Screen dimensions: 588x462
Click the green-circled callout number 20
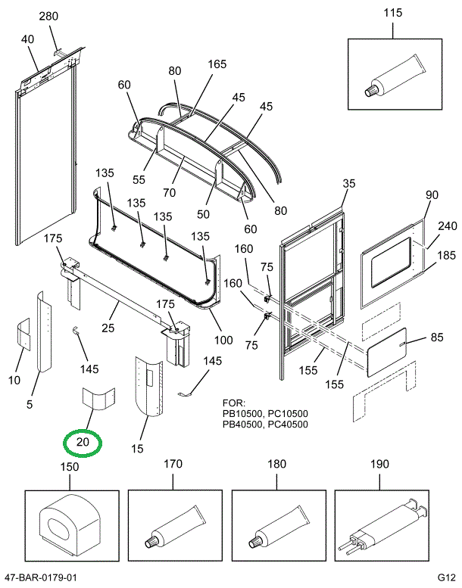[x=83, y=443]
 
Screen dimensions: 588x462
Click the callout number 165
[x=217, y=64]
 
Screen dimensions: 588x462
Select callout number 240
[x=448, y=226]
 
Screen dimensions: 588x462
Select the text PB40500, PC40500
[x=265, y=424]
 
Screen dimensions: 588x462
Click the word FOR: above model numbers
[x=233, y=403]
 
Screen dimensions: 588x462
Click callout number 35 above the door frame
[x=348, y=183]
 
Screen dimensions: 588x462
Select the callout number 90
[x=432, y=195]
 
